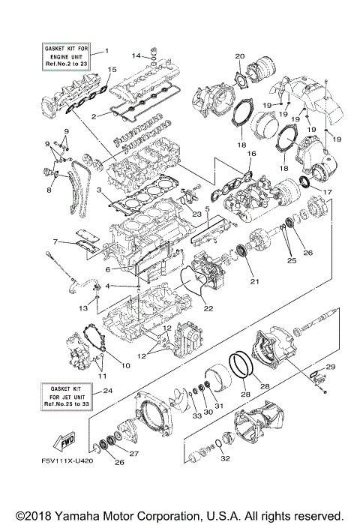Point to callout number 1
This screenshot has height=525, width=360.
click(106, 50)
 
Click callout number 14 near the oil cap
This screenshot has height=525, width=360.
click(136, 55)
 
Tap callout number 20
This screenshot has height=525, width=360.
click(240, 55)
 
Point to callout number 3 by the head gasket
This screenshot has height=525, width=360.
click(99, 191)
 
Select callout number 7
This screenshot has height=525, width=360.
click(55, 241)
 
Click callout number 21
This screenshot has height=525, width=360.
click(254, 282)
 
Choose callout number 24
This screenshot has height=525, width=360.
click(108, 390)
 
